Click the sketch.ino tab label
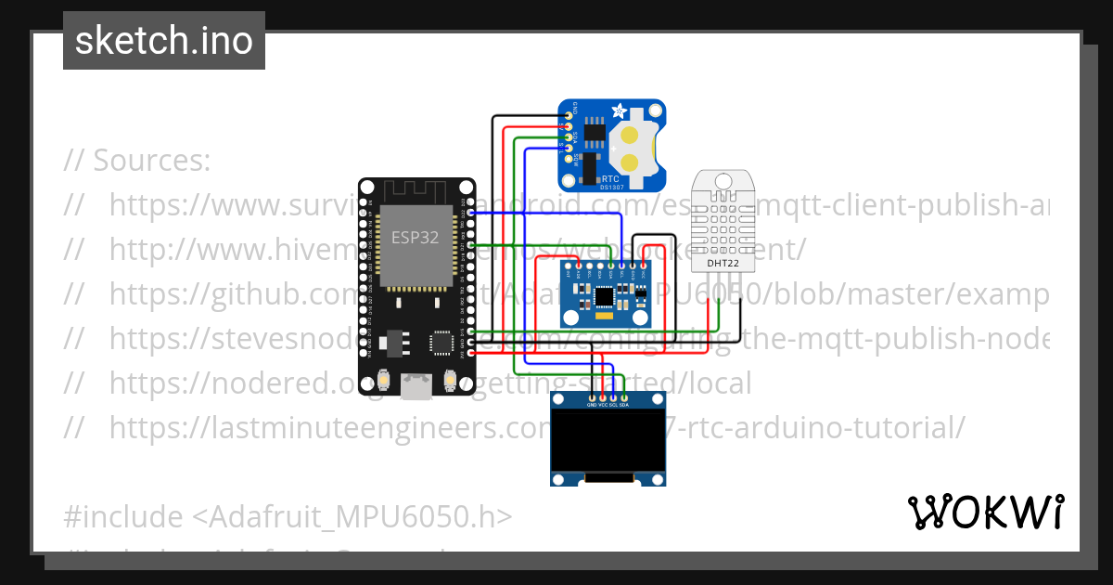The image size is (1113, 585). coord(163,41)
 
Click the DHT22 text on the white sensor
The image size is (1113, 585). coord(724,263)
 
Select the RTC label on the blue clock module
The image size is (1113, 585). coord(610,176)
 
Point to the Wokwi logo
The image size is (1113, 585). coord(984,512)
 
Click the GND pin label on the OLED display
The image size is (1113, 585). coord(591,405)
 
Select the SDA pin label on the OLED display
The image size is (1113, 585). coord(624,405)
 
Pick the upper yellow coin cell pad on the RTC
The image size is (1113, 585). coord(632,136)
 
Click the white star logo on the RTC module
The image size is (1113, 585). coord(618,111)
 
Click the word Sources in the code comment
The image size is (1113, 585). coord(150,161)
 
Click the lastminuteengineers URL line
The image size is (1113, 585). coord(536,428)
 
